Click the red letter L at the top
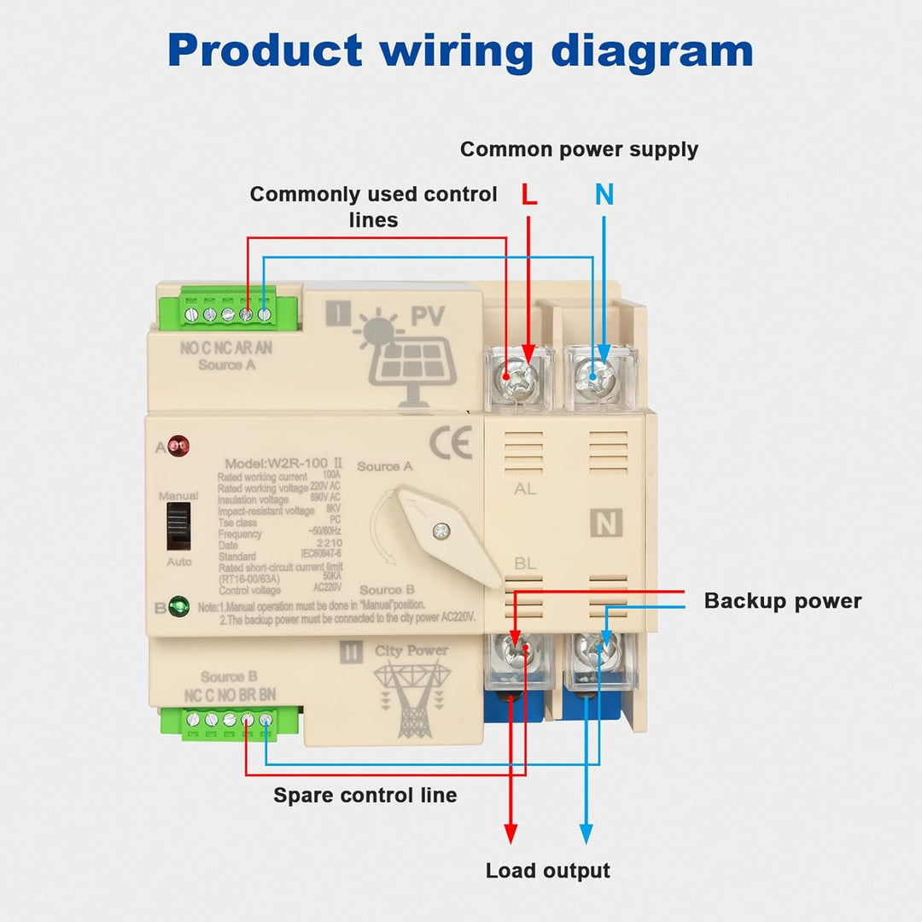[x=529, y=195]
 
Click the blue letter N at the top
[x=604, y=195]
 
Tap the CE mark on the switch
[x=451, y=445]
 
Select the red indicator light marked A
[x=178, y=445]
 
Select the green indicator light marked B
[x=178, y=608]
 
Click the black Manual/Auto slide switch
[x=178, y=528]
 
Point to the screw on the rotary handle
[x=441, y=531]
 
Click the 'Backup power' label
[x=782, y=601]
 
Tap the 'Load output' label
[x=547, y=871]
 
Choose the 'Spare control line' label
[x=365, y=796]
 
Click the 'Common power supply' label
[x=579, y=149]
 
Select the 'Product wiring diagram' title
[x=460, y=51]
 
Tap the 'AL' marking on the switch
[x=526, y=489]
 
